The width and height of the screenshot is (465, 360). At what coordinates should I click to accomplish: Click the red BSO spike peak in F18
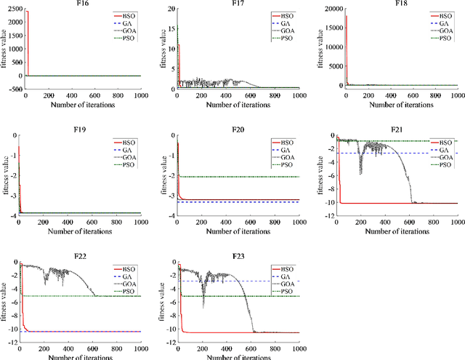[345, 15]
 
